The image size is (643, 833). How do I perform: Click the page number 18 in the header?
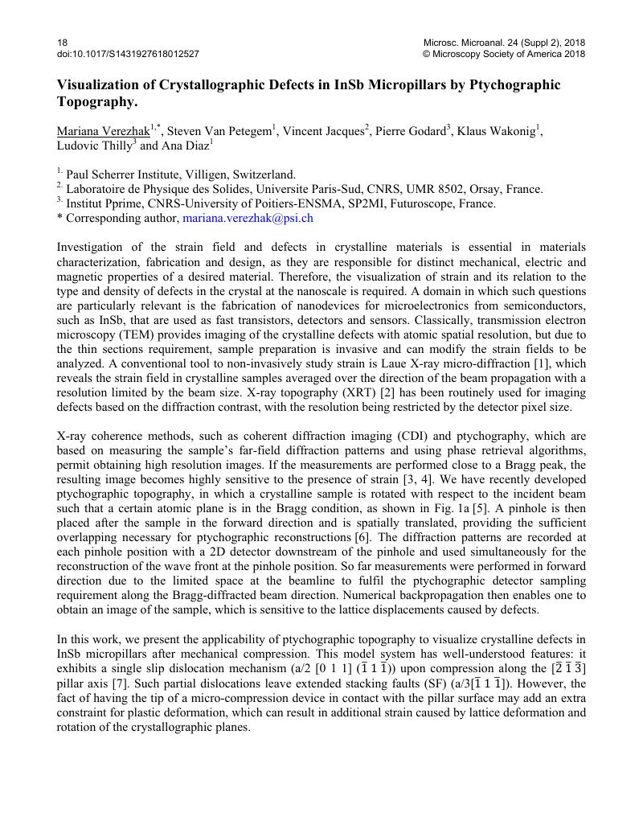[63, 43]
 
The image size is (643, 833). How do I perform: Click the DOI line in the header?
[128, 54]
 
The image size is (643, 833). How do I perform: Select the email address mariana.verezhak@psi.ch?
[248, 217]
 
